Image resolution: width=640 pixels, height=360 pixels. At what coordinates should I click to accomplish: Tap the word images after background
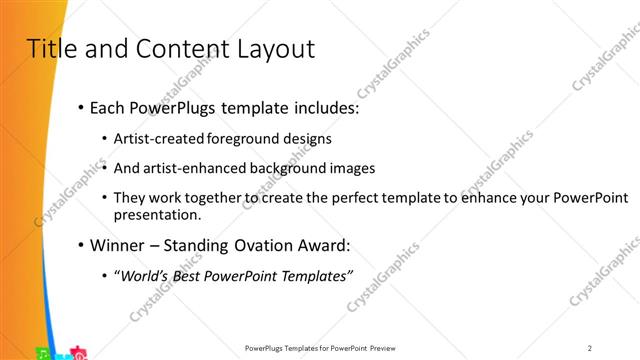(350, 167)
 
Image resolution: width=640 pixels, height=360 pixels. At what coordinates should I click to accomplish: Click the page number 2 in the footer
(590, 348)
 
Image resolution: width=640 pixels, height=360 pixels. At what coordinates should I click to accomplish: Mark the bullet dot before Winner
(81, 245)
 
